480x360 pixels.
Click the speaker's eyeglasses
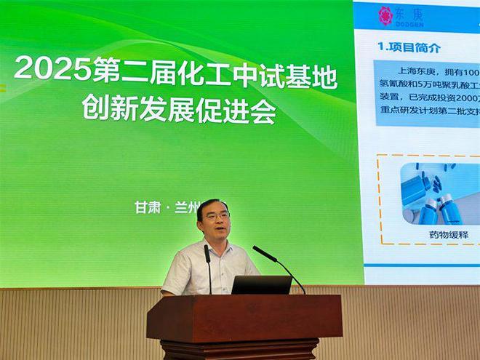click(216, 216)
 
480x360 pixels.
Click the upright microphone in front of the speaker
click(208, 262)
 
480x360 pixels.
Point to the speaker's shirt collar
click(219, 247)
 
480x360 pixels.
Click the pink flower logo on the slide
click(385, 16)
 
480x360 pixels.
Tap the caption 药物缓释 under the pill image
click(448, 235)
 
